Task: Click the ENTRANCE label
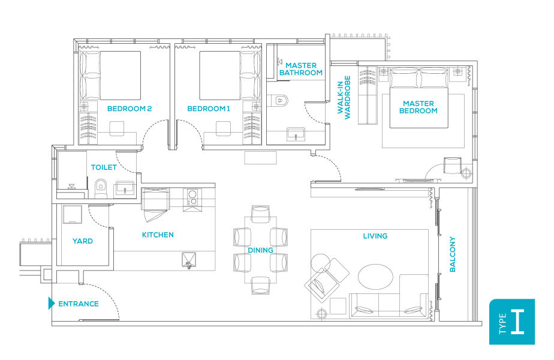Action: coord(78,304)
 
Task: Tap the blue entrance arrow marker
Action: coord(52,304)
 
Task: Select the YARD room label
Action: coord(83,241)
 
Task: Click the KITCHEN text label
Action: coord(158,235)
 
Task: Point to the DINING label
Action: coord(260,250)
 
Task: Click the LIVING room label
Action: coord(375,236)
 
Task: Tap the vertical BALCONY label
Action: coord(453,254)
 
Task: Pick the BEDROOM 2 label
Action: coord(130,109)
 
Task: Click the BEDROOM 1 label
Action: coord(209,109)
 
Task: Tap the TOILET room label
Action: coord(104,168)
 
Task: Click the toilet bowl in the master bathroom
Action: coord(279,101)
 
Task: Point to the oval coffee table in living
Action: coord(376,277)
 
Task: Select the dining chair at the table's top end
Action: coord(261,214)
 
